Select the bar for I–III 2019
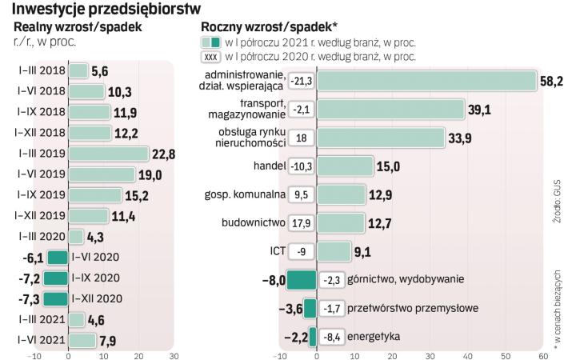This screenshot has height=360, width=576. pyautogui.click(x=109, y=154)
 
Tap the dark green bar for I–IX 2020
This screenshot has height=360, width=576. pyautogui.click(x=56, y=278)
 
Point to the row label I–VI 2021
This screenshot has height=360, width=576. pyautogui.click(x=40, y=340)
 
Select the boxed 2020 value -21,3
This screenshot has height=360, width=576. pyautogui.click(x=302, y=81)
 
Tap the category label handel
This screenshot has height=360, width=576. pyautogui.click(x=265, y=166)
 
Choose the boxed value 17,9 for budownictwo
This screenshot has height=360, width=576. pyautogui.click(x=302, y=222)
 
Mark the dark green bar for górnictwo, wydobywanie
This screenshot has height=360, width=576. pyautogui.click(x=302, y=279)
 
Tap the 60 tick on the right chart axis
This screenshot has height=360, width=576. pyautogui.click(x=542, y=356)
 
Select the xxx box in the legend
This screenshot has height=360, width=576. pyautogui.click(x=211, y=56)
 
